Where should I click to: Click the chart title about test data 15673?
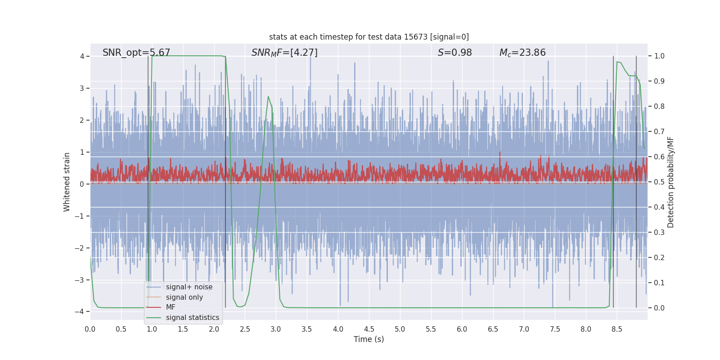point(369,37)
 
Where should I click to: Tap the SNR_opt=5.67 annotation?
point(136,53)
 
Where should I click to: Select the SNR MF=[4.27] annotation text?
point(284,53)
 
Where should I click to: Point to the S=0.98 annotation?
point(454,53)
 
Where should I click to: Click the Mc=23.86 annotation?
point(522,53)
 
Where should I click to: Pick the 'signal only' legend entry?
point(184,297)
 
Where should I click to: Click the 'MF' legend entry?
point(171,307)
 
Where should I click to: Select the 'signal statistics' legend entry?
point(192,318)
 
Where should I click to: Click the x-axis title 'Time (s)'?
point(369,339)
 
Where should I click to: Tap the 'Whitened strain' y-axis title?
point(67,182)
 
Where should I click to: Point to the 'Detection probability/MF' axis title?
point(670,182)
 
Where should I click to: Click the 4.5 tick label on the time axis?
point(369,329)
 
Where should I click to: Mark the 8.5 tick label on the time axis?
point(617,329)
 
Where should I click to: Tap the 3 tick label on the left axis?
point(82,88)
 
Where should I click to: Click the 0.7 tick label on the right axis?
point(659,132)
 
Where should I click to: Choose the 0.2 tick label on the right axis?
point(659,258)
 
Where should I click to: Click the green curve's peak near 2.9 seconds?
point(268,96)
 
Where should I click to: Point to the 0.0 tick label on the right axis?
point(659,308)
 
